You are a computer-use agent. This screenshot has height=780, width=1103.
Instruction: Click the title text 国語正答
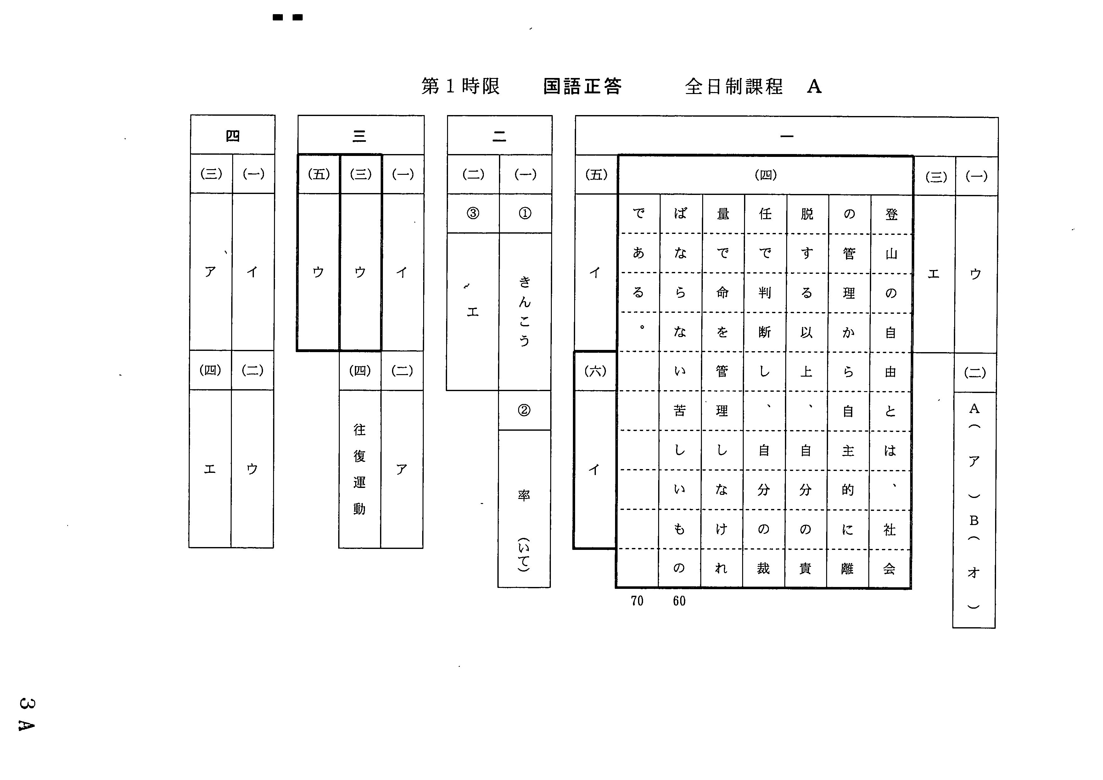tap(583, 86)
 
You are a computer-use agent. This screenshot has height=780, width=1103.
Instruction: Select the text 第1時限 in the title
tap(461, 86)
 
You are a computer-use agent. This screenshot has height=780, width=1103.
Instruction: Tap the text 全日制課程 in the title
tap(734, 86)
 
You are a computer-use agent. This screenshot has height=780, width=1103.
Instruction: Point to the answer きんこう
tap(525, 311)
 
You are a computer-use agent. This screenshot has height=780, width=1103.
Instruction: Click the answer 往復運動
tap(360, 469)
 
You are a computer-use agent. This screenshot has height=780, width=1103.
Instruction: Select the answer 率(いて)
tap(524, 530)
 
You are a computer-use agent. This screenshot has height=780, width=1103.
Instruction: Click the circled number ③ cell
tap(473, 213)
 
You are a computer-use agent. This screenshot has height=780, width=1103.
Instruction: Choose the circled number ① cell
tap(525, 213)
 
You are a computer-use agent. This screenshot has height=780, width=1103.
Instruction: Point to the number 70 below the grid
tap(637, 601)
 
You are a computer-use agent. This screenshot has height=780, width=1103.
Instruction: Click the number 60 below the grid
tap(679, 601)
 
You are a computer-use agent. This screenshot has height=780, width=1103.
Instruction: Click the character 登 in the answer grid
tap(892, 214)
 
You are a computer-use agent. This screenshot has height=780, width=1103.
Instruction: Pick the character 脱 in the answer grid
tap(807, 214)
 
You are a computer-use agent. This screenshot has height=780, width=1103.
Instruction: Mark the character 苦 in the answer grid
tap(680, 411)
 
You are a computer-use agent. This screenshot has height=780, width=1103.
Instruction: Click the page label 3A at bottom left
tap(26, 714)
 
